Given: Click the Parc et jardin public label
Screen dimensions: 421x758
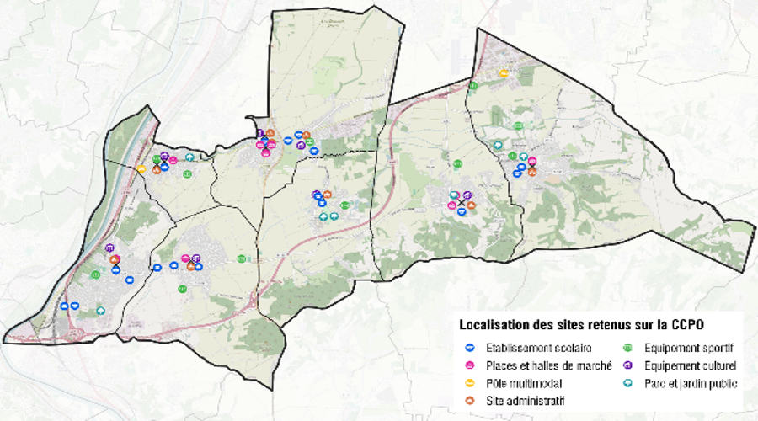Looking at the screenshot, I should [x=691, y=383].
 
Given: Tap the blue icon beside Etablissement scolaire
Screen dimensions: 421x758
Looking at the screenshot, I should [x=470, y=347].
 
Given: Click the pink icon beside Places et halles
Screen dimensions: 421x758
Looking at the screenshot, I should [x=470, y=365].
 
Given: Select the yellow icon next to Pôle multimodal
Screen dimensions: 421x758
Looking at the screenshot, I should [x=470, y=382].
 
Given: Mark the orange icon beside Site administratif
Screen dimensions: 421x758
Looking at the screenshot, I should [x=470, y=400].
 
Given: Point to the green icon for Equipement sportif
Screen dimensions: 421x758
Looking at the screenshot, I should [x=627, y=347].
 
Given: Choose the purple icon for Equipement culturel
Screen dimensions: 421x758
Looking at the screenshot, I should [x=627, y=365].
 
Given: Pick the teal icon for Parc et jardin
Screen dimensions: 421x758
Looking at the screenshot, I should [x=627, y=383].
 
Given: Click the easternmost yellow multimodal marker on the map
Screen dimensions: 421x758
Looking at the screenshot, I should [x=503, y=73].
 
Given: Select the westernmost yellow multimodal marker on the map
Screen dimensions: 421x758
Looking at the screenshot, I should [x=141, y=168].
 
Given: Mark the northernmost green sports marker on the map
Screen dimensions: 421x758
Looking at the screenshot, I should [x=472, y=85].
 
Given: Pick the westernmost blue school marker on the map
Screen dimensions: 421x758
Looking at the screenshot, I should [x=64, y=306].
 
